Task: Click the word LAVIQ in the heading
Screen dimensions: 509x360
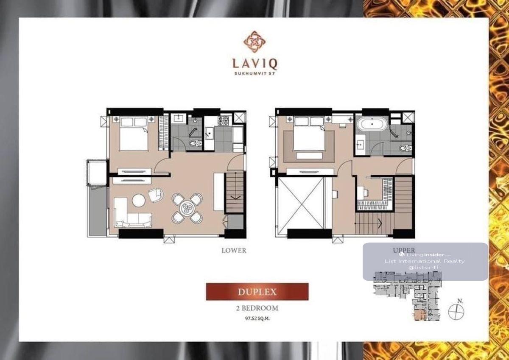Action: pyautogui.click(x=255, y=64)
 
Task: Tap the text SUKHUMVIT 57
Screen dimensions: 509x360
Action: pyautogui.click(x=255, y=73)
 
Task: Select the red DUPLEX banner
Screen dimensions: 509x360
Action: pyautogui.click(x=257, y=291)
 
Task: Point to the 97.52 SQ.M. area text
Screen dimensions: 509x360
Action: pyautogui.click(x=257, y=318)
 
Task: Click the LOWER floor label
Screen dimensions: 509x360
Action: pyautogui.click(x=234, y=251)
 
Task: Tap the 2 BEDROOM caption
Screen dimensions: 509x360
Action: pyautogui.click(x=257, y=308)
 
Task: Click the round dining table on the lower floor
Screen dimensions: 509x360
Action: pyautogui.click(x=187, y=208)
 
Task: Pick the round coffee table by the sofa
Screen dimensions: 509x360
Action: pyautogui.click(x=139, y=200)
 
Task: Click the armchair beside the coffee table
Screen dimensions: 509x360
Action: pyautogui.click(x=156, y=195)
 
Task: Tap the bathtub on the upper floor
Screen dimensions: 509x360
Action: pyautogui.click(x=372, y=124)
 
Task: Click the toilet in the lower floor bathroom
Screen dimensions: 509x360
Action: pyautogui.click(x=196, y=143)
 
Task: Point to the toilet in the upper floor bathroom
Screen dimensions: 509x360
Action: pyautogui.click(x=406, y=148)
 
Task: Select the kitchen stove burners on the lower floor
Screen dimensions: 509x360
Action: pyautogui.click(x=223, y=120)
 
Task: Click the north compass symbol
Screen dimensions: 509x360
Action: pyautogui.click(x=456, y=312)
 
